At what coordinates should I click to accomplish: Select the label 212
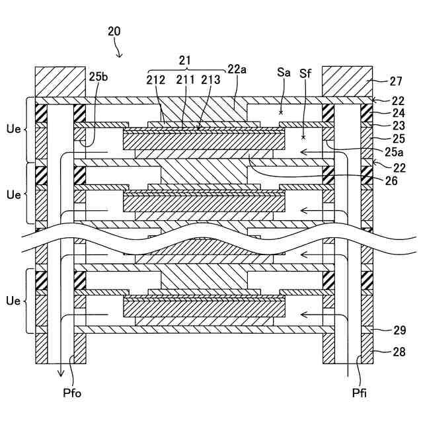tap(157, 81)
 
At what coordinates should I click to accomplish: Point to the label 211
tap(186, 81)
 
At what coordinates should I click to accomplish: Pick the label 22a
tap(237, 69)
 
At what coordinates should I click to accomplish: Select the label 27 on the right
tap(396, 82)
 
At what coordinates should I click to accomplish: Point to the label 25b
tap(98, 77)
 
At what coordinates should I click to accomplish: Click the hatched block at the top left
tap(60, 81)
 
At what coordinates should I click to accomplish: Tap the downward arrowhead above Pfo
tap(60, 375)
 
